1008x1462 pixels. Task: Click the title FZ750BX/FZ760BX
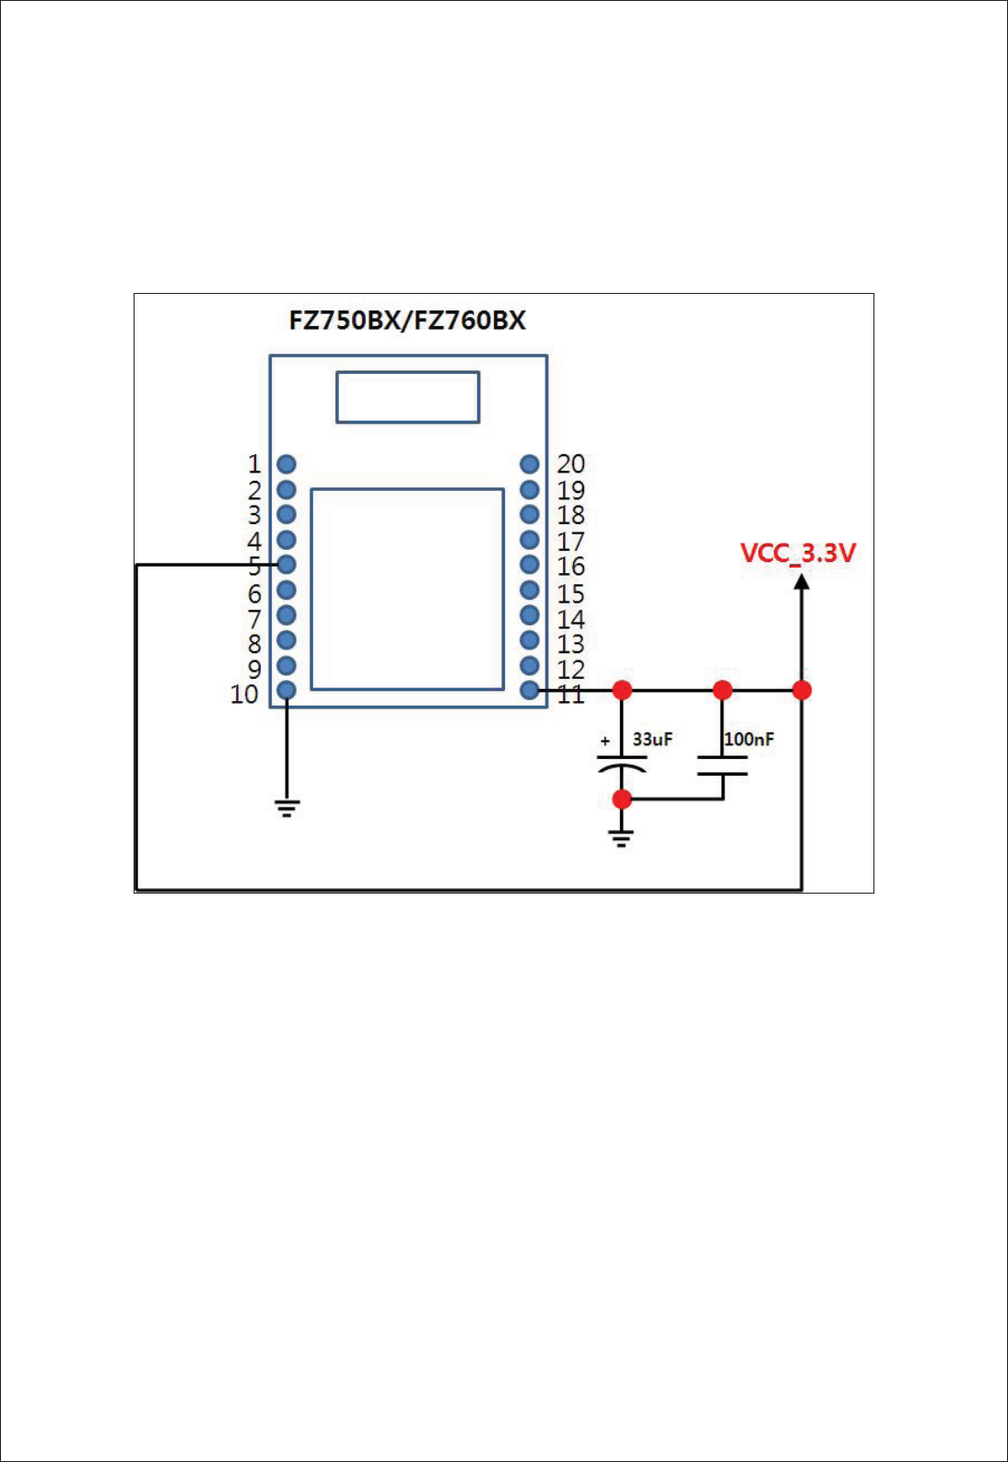(x=407, y=321)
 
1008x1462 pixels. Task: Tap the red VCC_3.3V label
(x=798, y=553)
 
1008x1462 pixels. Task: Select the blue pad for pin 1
(x=287, y=464)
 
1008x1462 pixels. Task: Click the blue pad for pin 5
(x=287, y=564)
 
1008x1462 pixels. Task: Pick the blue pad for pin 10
(x=287, y=690)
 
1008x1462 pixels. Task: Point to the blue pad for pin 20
(x=530, y=464)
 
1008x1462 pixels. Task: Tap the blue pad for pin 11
(x=530, y=690)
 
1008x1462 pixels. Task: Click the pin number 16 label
(x=570, y=566)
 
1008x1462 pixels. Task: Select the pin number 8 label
(x=254, y=643)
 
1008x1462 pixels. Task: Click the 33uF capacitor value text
(x=652, y=739)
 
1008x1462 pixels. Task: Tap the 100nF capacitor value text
(x=749, y=739)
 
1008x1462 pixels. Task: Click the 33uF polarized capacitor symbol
(x=622, y=763)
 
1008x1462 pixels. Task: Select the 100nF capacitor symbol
(x=722, y=766)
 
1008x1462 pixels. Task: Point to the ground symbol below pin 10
(x=287, y=808)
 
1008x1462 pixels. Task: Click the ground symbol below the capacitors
(x=622, y=837)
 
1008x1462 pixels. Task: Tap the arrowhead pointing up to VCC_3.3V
(x=802, y=581)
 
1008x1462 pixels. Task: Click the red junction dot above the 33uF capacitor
(x=622, y=690)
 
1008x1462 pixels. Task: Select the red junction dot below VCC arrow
(x=802, y=690)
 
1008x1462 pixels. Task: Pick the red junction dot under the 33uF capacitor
(x=622, y=799)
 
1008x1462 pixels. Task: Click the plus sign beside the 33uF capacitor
(x=604, y=740)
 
